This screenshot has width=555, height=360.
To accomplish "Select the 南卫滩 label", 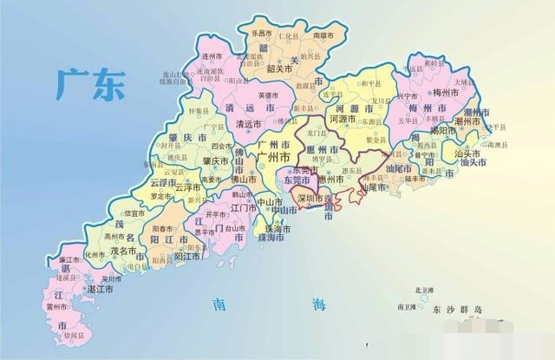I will (406, 306).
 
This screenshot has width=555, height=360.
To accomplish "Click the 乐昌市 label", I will (262, 33).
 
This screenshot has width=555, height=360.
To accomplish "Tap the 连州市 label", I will (213, 56).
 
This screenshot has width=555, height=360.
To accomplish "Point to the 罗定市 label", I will (162, 196).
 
